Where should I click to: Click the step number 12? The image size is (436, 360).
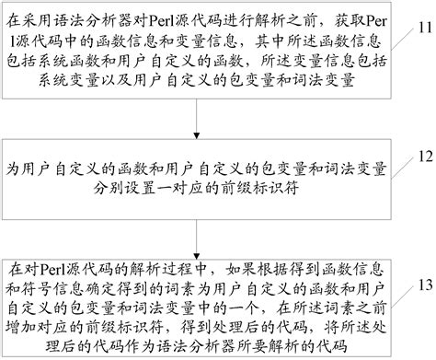click(419, 157)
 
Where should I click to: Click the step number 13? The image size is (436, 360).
click(419, 285)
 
